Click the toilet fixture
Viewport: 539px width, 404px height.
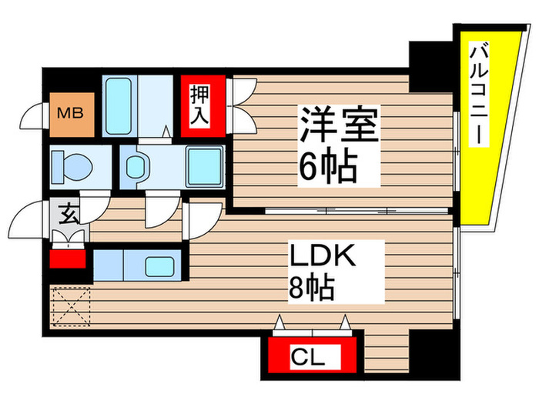[x=72, y=165]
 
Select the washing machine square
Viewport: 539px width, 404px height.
[x=204, y=165]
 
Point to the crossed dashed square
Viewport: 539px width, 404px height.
[x=71, y=306]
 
